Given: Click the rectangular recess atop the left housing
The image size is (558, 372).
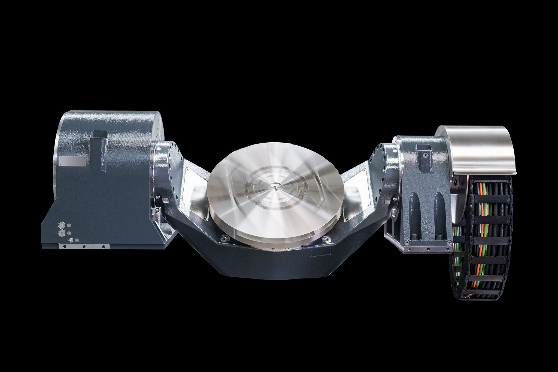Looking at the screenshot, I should [x=100, y=134].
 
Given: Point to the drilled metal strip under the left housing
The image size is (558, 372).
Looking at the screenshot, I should [x=84, y=246].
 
